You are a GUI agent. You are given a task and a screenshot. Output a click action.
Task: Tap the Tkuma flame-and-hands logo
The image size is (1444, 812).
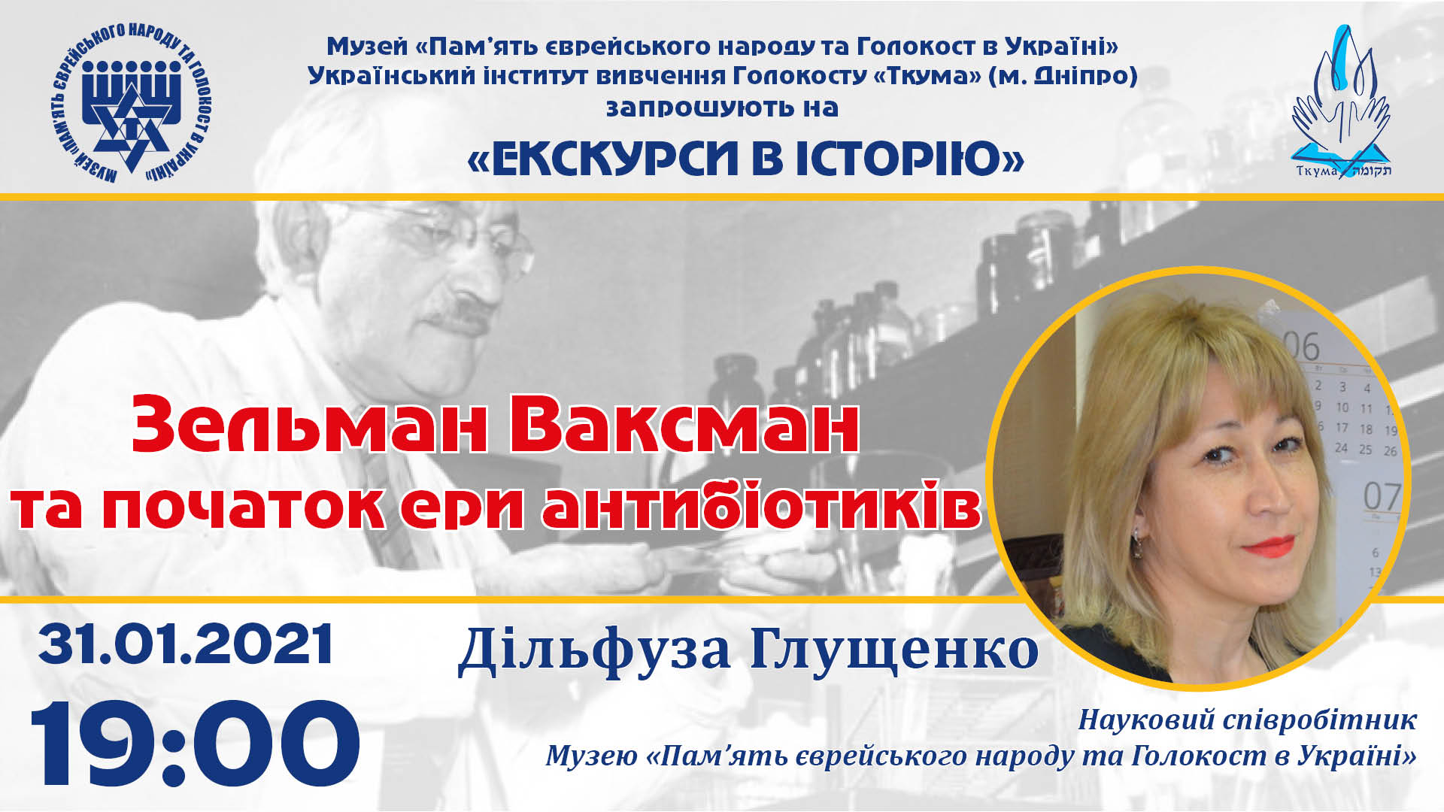point(1342,101)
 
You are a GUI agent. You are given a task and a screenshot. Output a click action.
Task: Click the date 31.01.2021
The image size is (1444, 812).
point(186,644)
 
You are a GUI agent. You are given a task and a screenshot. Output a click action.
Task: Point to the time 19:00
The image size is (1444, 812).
point(195,744)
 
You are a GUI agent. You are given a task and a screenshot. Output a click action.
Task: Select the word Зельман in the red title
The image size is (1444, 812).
point(309,425)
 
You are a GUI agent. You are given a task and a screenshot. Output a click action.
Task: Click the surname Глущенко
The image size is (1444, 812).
point(894,650)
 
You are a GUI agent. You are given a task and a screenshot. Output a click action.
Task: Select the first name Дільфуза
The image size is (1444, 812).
point(594,650)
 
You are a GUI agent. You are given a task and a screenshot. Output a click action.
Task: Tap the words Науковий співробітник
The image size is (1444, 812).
point(1247,720)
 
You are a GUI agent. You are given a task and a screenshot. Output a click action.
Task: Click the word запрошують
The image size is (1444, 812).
point(699,108)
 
